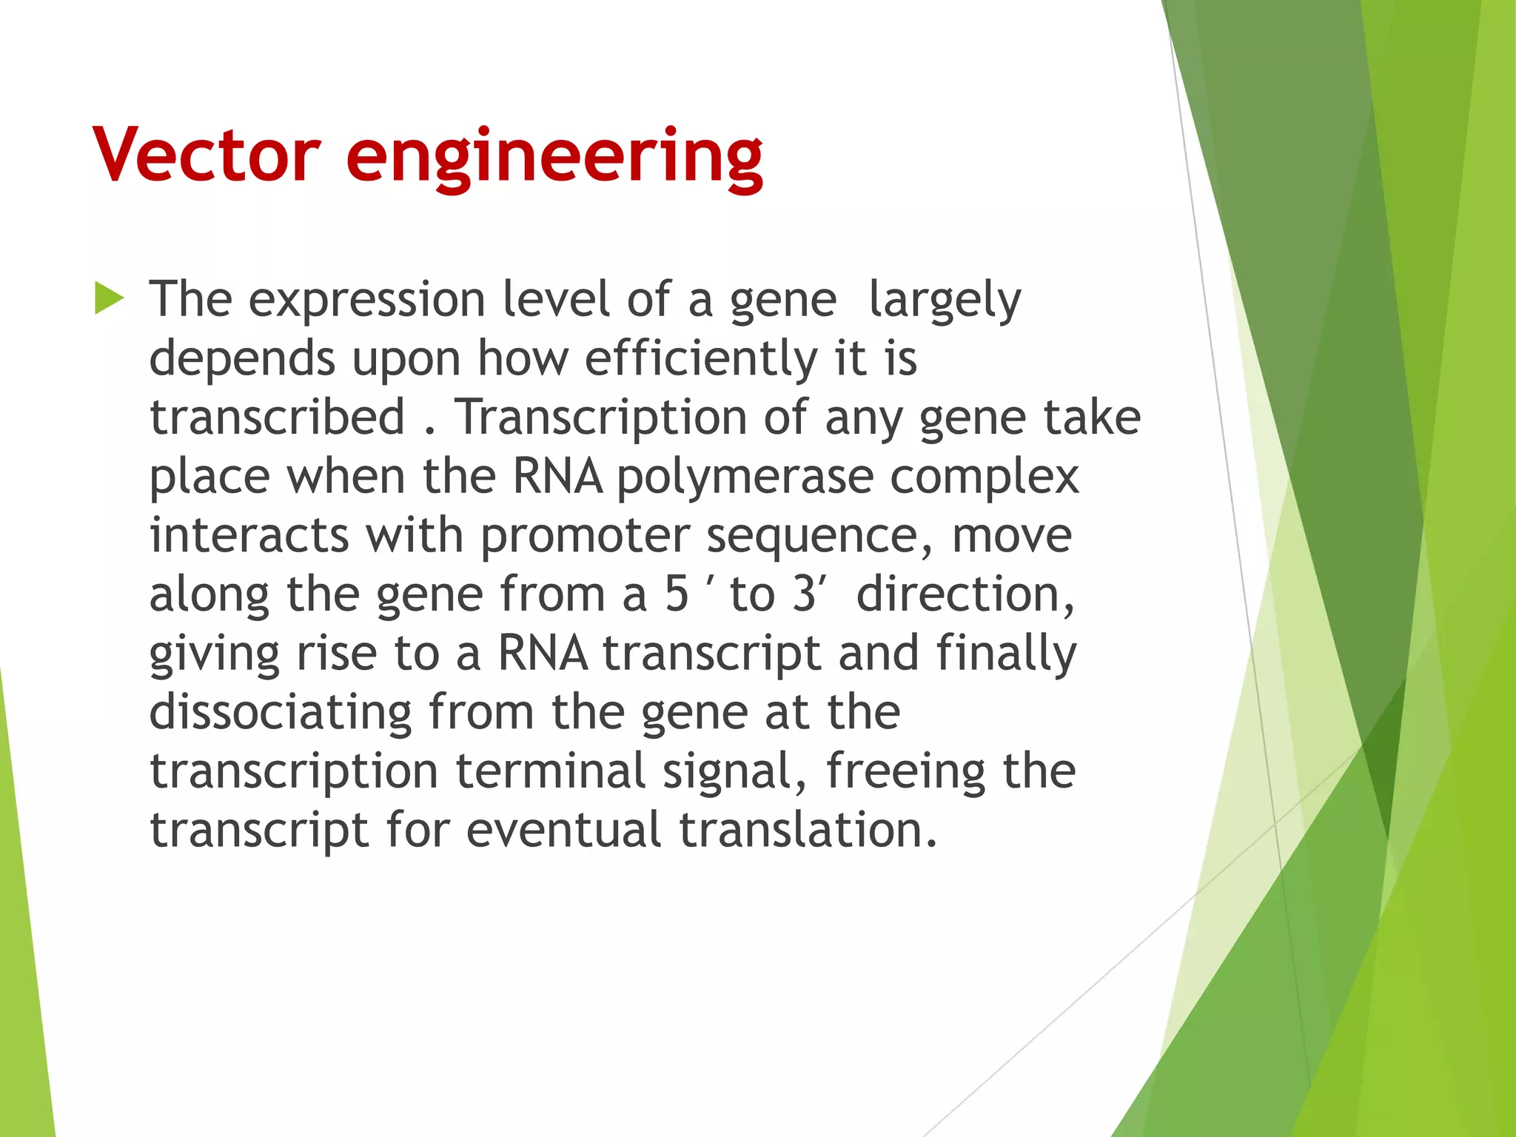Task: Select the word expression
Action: (x=366, y=301)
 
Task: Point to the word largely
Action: (x=945, y=301)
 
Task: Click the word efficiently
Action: (x=701, y=359)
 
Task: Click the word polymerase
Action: (x=745, y=477)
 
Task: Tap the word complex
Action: (x=984, y=477)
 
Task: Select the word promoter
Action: (x=585, y=536)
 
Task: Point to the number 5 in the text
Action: (x=677, y=594)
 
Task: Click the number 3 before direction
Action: (x=803, y=594)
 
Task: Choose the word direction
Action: (x=965, y=594)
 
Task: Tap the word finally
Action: (x=1006, y=654)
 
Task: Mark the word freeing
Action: (x=905, y=772)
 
